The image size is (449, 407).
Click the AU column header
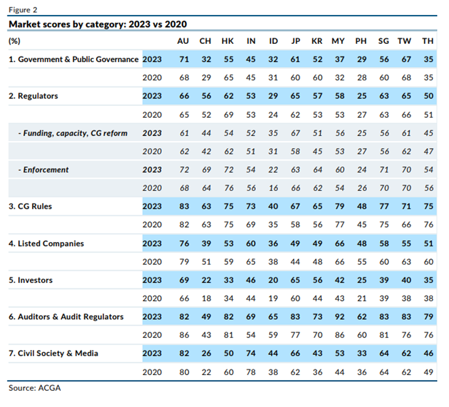(182, 41)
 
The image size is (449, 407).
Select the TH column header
(428, 41)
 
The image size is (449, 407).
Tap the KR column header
(318, 41)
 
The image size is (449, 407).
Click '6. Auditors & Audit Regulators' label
(66, 317)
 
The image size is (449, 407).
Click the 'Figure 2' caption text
(23, 10)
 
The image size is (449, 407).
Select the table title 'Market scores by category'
(97, 24)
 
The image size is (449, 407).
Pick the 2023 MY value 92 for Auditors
(338, 317)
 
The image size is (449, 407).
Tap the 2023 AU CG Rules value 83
(182, 207)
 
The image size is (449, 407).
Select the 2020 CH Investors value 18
(205, 299)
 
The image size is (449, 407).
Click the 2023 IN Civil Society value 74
(251, 354)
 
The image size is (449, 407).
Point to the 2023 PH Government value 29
(361, 60)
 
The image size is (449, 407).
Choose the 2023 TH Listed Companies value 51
(428, 243)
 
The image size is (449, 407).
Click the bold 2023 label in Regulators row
(152, 97)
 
